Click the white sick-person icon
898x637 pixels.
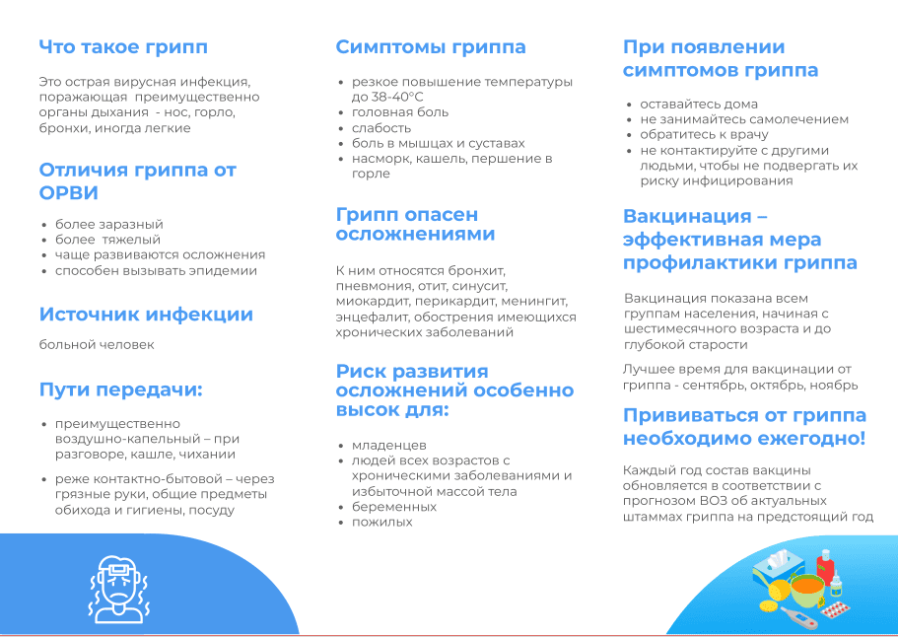pos(118,590)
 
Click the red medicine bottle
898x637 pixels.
pos(825,567)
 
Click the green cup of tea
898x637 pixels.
pos(807,590)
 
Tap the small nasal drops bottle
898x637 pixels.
pos(837,585)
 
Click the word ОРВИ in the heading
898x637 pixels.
pos(69,193)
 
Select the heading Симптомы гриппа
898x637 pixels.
pos(431,47)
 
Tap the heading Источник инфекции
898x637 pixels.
pos(146,314)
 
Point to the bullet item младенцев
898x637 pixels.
pos(388,445)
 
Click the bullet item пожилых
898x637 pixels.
pos(382,522)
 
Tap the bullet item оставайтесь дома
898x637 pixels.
pos(699,105)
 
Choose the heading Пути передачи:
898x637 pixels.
pos(121,389)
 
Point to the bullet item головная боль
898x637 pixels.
pos(400,112)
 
